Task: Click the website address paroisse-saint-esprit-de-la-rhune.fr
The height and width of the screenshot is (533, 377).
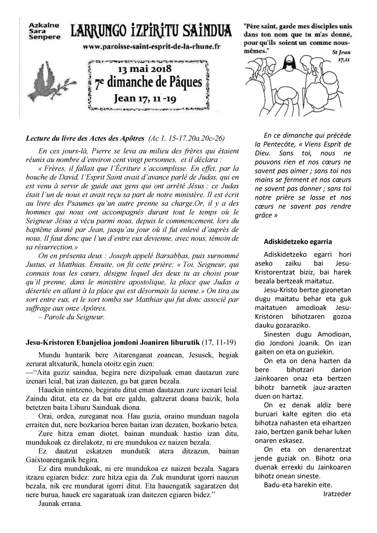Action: click(151, 46)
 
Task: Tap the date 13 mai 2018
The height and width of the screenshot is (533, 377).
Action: click(149, 70)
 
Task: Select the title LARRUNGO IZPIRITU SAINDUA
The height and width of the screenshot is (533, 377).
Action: click(151, 31)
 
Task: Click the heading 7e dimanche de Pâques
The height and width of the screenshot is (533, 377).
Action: click(149, 83)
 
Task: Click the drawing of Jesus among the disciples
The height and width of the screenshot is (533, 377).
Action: click(302, 85)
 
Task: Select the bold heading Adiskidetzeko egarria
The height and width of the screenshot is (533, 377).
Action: click(298, 242)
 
